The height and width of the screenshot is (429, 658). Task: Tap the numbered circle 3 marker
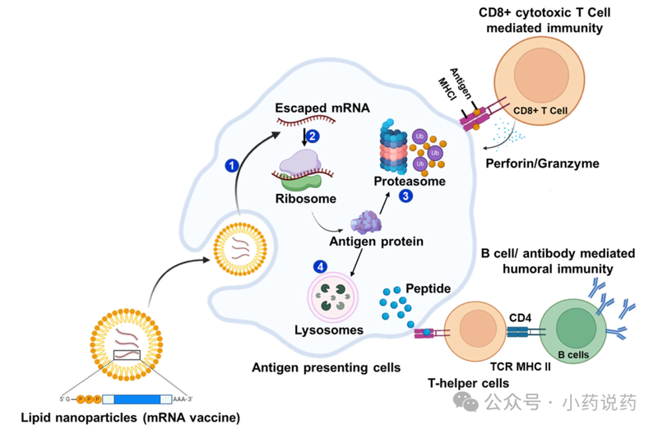[x=406, y=196]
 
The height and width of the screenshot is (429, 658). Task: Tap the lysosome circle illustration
[x=334, y=298]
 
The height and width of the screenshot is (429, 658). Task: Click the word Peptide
[x=428, y=289]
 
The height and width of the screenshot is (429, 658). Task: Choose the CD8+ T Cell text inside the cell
[x=540, y=108]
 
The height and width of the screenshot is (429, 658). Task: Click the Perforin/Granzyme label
[x=553, y=164]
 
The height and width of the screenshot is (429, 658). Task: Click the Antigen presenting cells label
[x=326, y=367]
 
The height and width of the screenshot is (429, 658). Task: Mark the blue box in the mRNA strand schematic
[x=137, y=399]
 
